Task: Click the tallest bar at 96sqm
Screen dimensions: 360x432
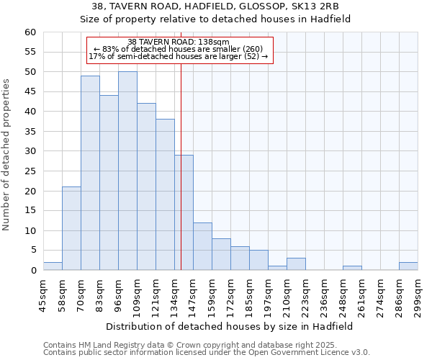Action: click(127, 171)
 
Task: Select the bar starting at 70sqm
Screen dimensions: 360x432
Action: click(90, 173)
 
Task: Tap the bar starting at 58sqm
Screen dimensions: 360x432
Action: click(71, 228)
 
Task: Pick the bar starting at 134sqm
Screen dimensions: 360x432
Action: click(184, 212)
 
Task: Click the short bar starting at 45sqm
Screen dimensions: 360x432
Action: click(53, 266)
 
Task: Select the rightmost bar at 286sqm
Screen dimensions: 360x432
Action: click(408, 266)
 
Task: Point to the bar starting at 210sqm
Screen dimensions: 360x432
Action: click(296, 264)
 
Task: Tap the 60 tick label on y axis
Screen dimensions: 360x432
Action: click(30, 32)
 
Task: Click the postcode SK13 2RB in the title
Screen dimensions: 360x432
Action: click(302, 6)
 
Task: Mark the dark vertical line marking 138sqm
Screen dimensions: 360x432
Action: click(181, 180)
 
